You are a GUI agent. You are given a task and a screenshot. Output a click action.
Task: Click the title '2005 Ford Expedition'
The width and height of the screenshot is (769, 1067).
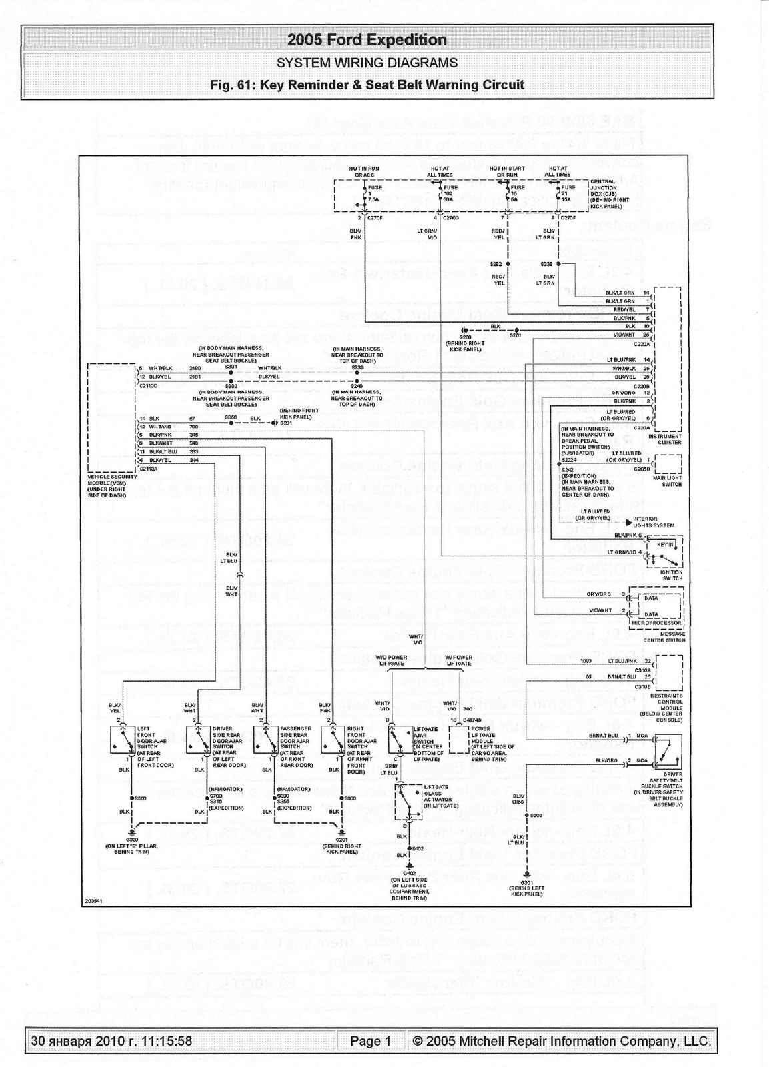tap(367, 40)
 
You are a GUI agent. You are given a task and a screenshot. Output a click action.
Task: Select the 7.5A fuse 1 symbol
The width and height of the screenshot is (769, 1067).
tap(365, 193)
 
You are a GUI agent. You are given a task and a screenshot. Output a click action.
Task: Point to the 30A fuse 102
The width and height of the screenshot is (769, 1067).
tap(440, 193)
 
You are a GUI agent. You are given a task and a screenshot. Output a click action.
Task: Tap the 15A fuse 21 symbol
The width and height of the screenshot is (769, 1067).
tap(558, 193)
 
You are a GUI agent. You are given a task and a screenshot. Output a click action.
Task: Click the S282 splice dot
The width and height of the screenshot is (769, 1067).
tap(508, 264)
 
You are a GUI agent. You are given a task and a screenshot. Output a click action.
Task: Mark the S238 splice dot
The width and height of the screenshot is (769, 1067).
tap(558, 264)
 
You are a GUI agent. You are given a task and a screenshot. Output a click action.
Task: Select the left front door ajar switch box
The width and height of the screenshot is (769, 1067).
tap(123, 740)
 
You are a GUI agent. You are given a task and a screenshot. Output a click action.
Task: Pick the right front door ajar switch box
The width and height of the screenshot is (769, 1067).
tap(333, 740)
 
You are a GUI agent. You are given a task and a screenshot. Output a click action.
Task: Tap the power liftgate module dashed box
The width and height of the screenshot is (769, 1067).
tap(458, 739)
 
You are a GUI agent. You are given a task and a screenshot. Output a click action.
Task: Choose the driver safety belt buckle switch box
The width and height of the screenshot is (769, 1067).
tap(668, 752)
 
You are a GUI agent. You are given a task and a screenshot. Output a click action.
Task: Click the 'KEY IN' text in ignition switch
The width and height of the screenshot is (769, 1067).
tap(665, 545)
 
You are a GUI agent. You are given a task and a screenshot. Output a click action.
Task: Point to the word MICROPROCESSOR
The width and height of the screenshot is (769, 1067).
tap(656, 623)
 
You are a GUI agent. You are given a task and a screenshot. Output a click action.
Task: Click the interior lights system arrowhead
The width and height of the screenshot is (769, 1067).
tap(628, 523)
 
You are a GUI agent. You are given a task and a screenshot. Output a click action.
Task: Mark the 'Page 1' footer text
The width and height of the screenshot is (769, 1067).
tap(370, 1041)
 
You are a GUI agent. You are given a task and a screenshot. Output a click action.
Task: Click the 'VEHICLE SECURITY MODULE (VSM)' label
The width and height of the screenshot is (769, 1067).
tap(112, 479)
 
